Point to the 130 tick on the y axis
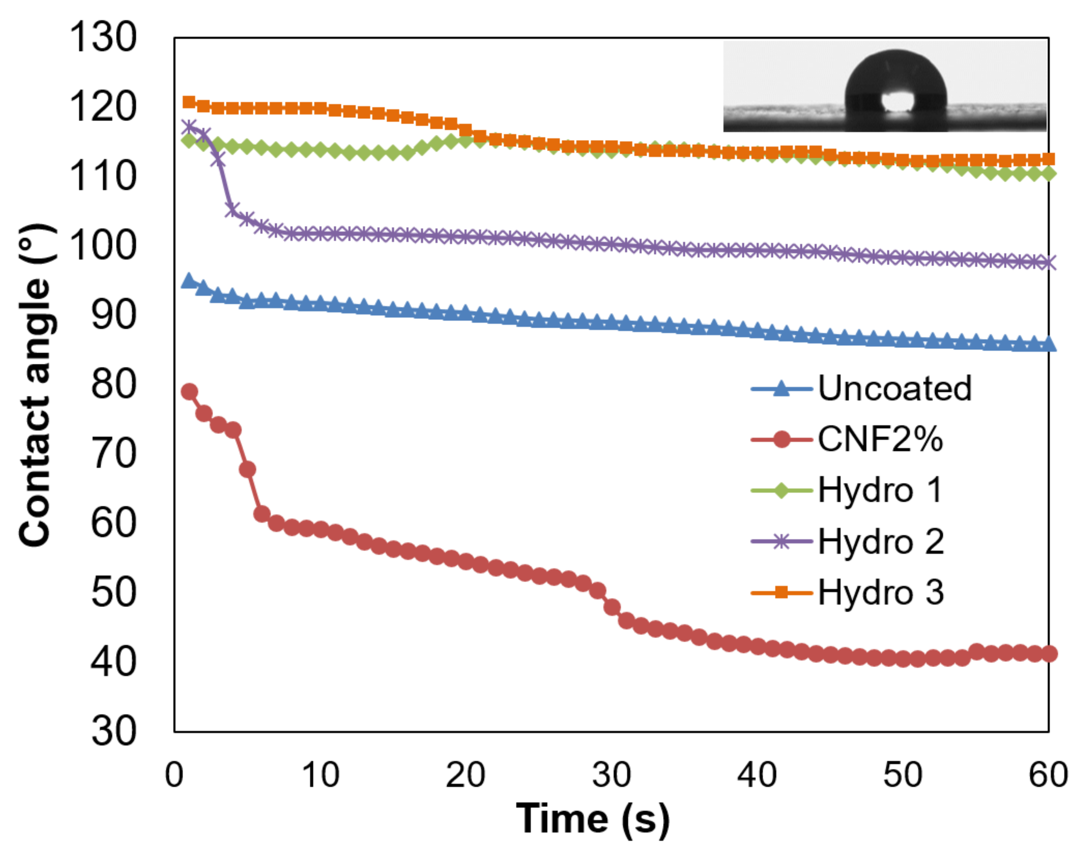coord(102,38)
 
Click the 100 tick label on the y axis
coord(102,246)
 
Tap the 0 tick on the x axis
coord(174,775)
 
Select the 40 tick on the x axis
coord(757,775)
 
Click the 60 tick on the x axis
coord(1048,775)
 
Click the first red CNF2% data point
coord(189,392)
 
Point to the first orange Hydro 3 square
coord(189,102)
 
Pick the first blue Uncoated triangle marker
coord(189,281)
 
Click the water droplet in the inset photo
coord(896,80)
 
